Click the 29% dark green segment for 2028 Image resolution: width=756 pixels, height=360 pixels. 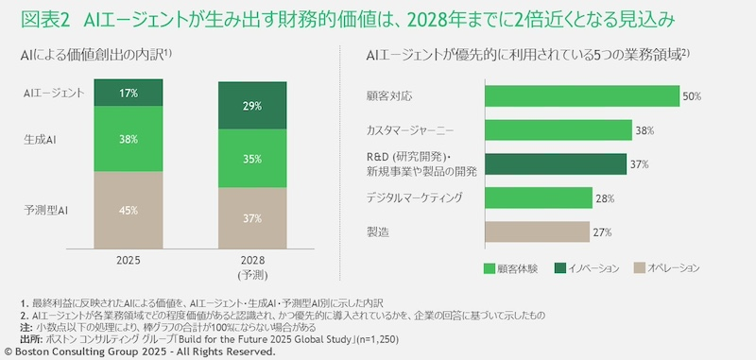(252, 106)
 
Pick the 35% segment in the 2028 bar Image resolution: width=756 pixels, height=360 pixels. (252, 160)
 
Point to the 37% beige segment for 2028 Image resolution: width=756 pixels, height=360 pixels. (252, 219)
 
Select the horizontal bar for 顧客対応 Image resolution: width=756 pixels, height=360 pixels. (582, 96)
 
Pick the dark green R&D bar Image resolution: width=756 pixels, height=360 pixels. (556, 163)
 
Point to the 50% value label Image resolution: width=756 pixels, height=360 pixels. (692, 96)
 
